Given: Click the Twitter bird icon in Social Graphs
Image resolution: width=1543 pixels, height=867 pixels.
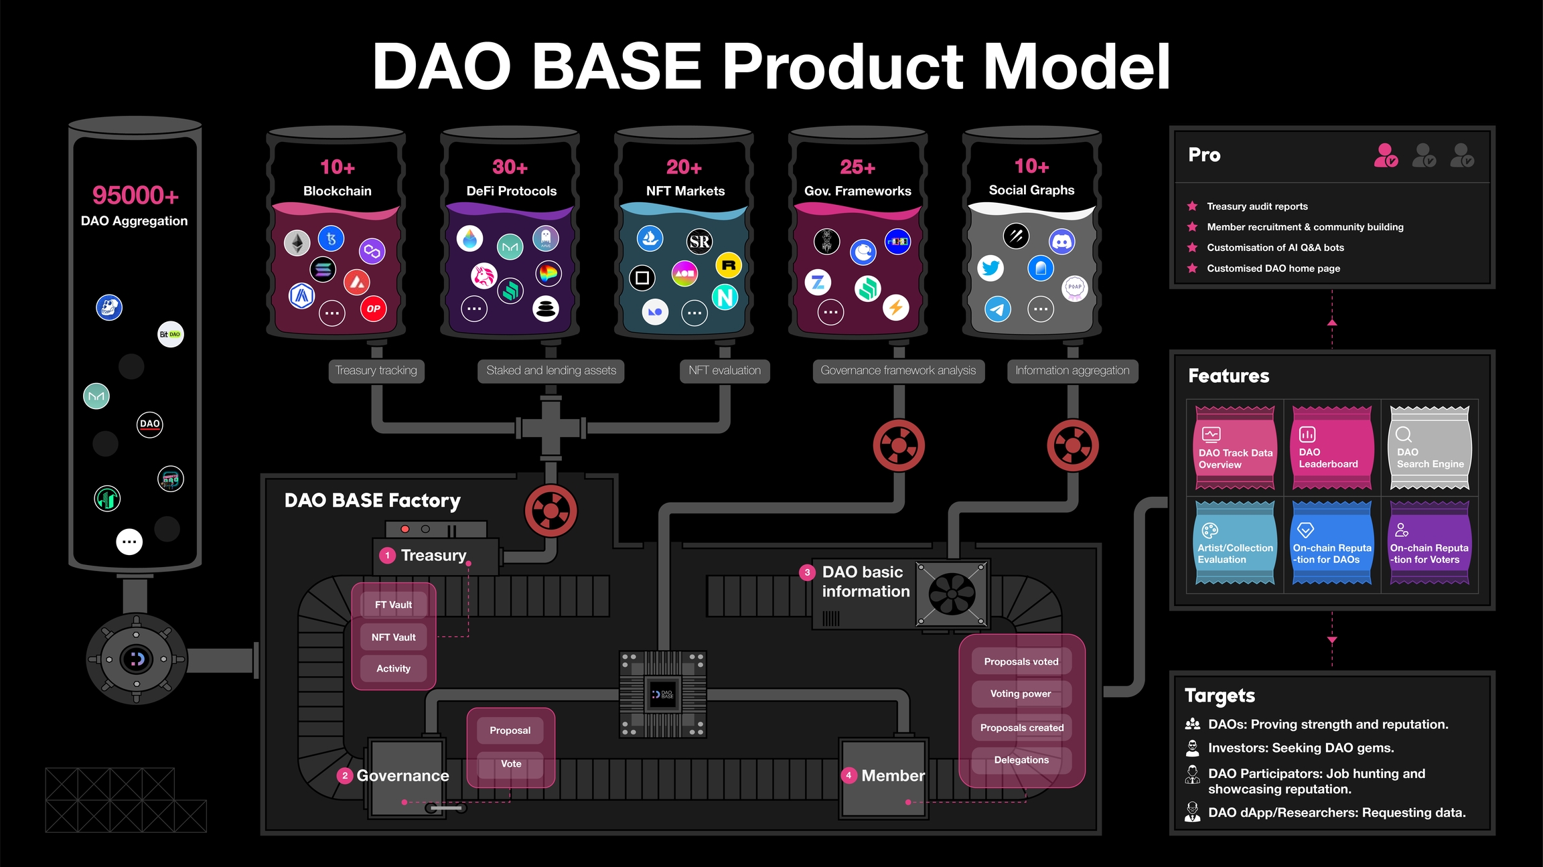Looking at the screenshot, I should coord(990,268).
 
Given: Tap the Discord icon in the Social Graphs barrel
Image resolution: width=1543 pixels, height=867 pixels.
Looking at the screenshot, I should coord(1062,241).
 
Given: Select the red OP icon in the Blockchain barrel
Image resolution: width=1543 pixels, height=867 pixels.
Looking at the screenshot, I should coord(373,309).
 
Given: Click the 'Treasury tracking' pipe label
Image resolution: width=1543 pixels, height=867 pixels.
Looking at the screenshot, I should coord(376,370).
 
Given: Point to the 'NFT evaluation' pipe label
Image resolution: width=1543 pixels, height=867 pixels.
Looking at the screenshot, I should coord(725,370).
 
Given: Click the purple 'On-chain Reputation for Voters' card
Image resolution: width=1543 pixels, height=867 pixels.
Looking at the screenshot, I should coord(1429,544).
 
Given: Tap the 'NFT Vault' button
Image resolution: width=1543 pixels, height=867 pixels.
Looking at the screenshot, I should coord(394,637).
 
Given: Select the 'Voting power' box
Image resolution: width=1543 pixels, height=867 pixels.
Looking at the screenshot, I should coord(1021,694).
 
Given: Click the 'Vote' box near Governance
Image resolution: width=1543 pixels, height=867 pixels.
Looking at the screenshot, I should coord(511,764).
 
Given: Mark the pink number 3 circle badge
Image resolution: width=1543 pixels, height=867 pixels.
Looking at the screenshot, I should coord(807,572).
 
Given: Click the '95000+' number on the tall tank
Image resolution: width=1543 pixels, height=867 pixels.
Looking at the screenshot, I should coord(135,195).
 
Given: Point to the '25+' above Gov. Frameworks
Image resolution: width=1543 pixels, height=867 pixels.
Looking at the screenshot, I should coord(857,167).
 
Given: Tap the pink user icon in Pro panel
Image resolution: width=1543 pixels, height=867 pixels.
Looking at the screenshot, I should coord(1385,155).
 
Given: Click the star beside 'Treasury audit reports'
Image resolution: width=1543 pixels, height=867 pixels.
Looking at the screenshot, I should coord(1192,206).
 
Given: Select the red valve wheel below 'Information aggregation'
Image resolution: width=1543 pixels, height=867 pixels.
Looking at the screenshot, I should coord(1073,445).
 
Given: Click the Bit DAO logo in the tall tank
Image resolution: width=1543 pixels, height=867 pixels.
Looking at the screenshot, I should coord(170,334).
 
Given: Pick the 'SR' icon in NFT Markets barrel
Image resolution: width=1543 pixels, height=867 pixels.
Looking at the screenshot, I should coord(700,241).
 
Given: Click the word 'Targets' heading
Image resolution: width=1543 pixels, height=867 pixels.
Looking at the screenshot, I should coord(1220,696).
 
